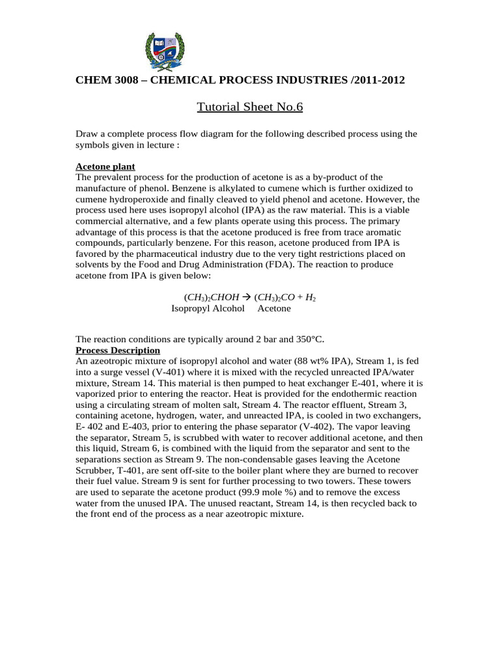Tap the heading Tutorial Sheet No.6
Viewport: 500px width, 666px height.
click(250, 106)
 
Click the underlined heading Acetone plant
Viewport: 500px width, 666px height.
click(105, 166)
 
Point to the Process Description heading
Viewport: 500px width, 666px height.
click(118, 350)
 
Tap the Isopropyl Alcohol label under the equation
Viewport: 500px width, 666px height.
click(208, 308)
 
